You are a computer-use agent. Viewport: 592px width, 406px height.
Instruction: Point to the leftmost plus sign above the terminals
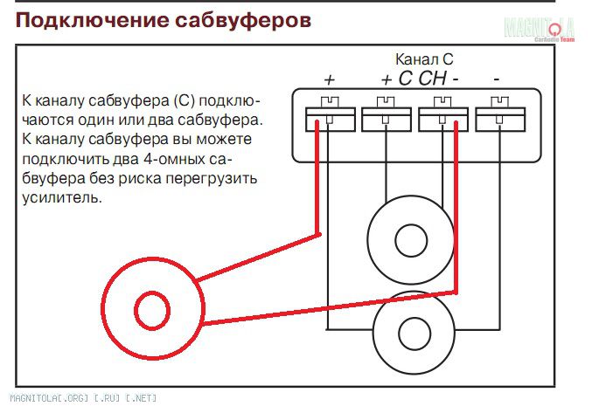click(330, 79)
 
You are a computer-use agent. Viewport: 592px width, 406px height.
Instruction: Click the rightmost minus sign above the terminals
click(496, 79)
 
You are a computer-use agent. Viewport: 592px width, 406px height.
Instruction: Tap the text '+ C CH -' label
click(421, 79)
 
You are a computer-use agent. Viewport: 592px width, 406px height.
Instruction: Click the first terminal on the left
click(330, 119)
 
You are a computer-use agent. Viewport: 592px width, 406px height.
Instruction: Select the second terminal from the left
click(385, 119)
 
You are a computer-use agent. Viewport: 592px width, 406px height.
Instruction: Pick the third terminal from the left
click(442, 119)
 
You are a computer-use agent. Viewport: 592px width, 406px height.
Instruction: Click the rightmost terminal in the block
click(497, 119)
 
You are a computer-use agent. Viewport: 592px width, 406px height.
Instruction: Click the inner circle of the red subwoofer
click(152, 308)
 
